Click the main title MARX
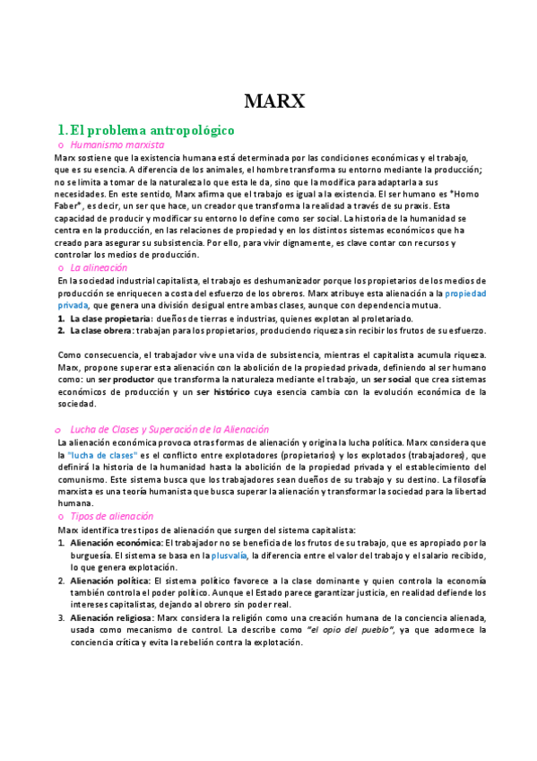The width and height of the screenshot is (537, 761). point(274,101)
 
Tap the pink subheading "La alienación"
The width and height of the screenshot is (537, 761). point(99,267)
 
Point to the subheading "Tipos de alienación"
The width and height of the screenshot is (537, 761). point(111,516)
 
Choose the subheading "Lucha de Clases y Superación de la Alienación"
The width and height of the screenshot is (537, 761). point(169,429)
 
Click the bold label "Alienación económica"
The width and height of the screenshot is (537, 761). point(116,543)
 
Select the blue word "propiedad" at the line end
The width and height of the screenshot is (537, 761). point(465,293)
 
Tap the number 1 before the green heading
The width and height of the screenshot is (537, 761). point(61,130)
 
